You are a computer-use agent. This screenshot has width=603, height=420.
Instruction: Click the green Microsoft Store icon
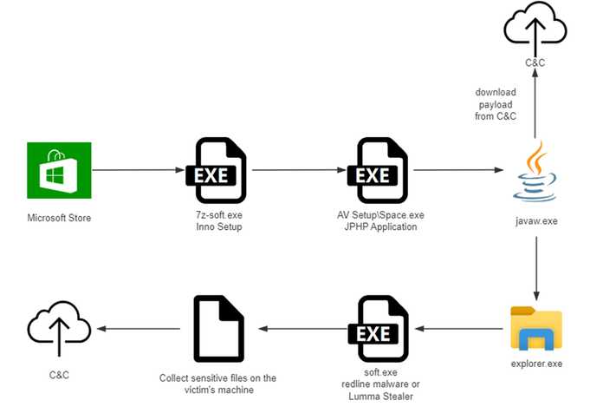tap(59, 170)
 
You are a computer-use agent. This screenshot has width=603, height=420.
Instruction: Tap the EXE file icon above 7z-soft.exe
tap(216, 170)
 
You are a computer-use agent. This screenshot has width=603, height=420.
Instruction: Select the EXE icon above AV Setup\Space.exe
tap(378, 170)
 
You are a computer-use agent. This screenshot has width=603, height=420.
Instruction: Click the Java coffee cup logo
tap(535, 172)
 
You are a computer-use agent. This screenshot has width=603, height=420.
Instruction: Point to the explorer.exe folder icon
tap(536, 328)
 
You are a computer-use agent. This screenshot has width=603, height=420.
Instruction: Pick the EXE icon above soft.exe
tap(379, 329)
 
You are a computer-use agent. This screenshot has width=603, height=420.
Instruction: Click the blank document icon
tap(219, 329)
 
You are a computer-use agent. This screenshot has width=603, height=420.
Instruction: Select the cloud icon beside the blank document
tap(59, 329)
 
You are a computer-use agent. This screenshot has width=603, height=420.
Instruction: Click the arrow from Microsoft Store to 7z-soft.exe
tap(139, 170)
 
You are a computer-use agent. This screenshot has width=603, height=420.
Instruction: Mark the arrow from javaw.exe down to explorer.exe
tap(536, 268)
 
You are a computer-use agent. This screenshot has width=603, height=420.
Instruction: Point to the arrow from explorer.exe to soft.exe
tap(459, 329)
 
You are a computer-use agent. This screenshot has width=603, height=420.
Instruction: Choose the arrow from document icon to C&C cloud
tap(139, 329)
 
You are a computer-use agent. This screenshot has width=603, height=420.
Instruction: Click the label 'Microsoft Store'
tap(59, 218)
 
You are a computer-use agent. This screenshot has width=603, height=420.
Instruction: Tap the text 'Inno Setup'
tap(219, 226)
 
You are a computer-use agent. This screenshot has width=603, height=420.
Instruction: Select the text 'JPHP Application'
tap(380, 226)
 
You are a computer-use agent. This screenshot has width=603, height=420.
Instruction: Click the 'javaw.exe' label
tap(536, 220)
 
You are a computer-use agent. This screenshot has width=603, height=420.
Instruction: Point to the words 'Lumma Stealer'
tap(380, 396)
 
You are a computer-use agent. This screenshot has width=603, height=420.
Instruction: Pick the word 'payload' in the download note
tap(496, 104)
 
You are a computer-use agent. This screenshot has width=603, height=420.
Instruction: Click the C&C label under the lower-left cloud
tap(59, 375)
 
